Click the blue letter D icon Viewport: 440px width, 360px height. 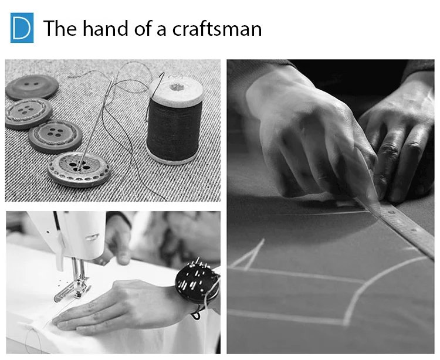[x=22, y=28]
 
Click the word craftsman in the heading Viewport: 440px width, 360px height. [x=217, y=28]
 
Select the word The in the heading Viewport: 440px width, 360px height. [x=60, y=28]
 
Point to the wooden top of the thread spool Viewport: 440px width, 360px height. [x=176, y=90]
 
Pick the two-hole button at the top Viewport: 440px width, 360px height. [x=32, y=87]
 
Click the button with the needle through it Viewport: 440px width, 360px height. [x=79, y=169]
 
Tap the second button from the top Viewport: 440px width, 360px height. [x=28, y=113]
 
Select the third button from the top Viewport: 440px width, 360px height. [x=55, y=136]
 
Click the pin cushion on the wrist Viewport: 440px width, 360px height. [x=197, y=284]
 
